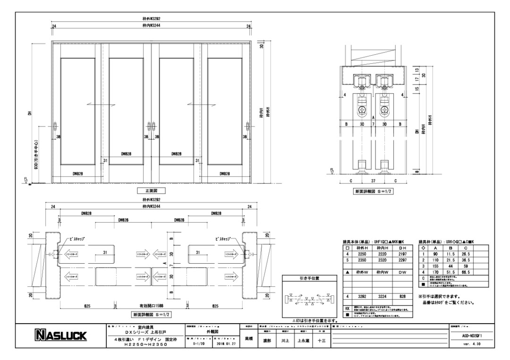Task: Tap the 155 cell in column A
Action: [437, 266]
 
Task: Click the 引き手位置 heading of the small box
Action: [309, 278]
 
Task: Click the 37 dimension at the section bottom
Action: [373, 180]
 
